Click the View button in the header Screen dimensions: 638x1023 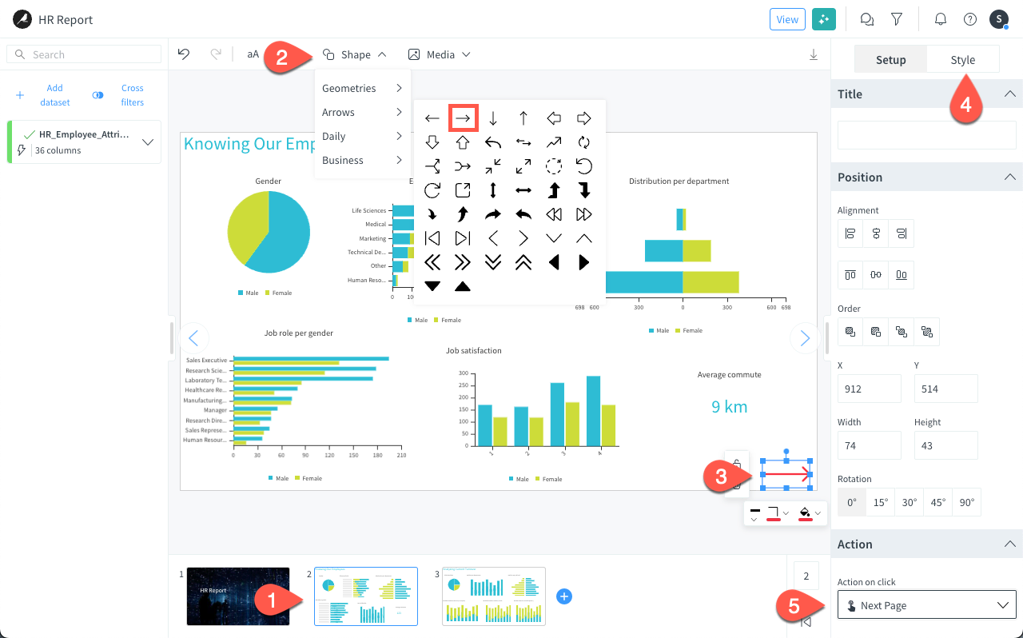pyautogui.click(x=787, y=19)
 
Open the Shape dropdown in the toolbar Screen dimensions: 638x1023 pyautogui.click(x=355, y=54)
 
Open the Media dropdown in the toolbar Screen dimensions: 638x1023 pyautogui.click(x=439, y=54)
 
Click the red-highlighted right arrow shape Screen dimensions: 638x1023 pyautogui.click(x=463, y=118)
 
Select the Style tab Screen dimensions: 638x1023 pyautogui.click(x=962, y=60)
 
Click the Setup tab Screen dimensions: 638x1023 pyautogui.click(x=890, y=60)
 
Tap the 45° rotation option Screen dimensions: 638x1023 pyautogui.click(x=937, y=503)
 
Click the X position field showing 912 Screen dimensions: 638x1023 pyautogui.click(x=869, y=389)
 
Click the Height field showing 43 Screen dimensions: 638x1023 pyautogui.click(x=945, y=445)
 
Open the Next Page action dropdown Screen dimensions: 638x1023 pyautogui.click(x=926, y=605)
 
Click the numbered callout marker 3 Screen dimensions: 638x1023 pyautogui.click(x=720, y=477)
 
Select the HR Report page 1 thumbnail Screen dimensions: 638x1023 pyautogui.click(x=238, y=596)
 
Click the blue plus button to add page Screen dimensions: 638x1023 pyautogui.click(x=564, y=596)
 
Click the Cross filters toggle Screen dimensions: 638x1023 pyautogui.click(x=98, y=95)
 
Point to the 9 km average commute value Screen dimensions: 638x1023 pyautogui.click(x=729, y=406)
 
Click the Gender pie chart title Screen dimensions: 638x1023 pyautogui.click(x=268, y=181)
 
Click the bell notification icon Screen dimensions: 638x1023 pyautogui.click(x=940, y=19)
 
